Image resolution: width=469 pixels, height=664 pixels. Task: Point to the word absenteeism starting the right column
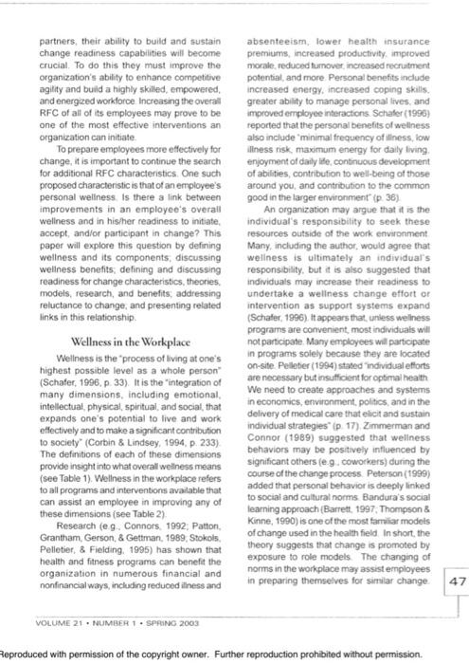point(274,42)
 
